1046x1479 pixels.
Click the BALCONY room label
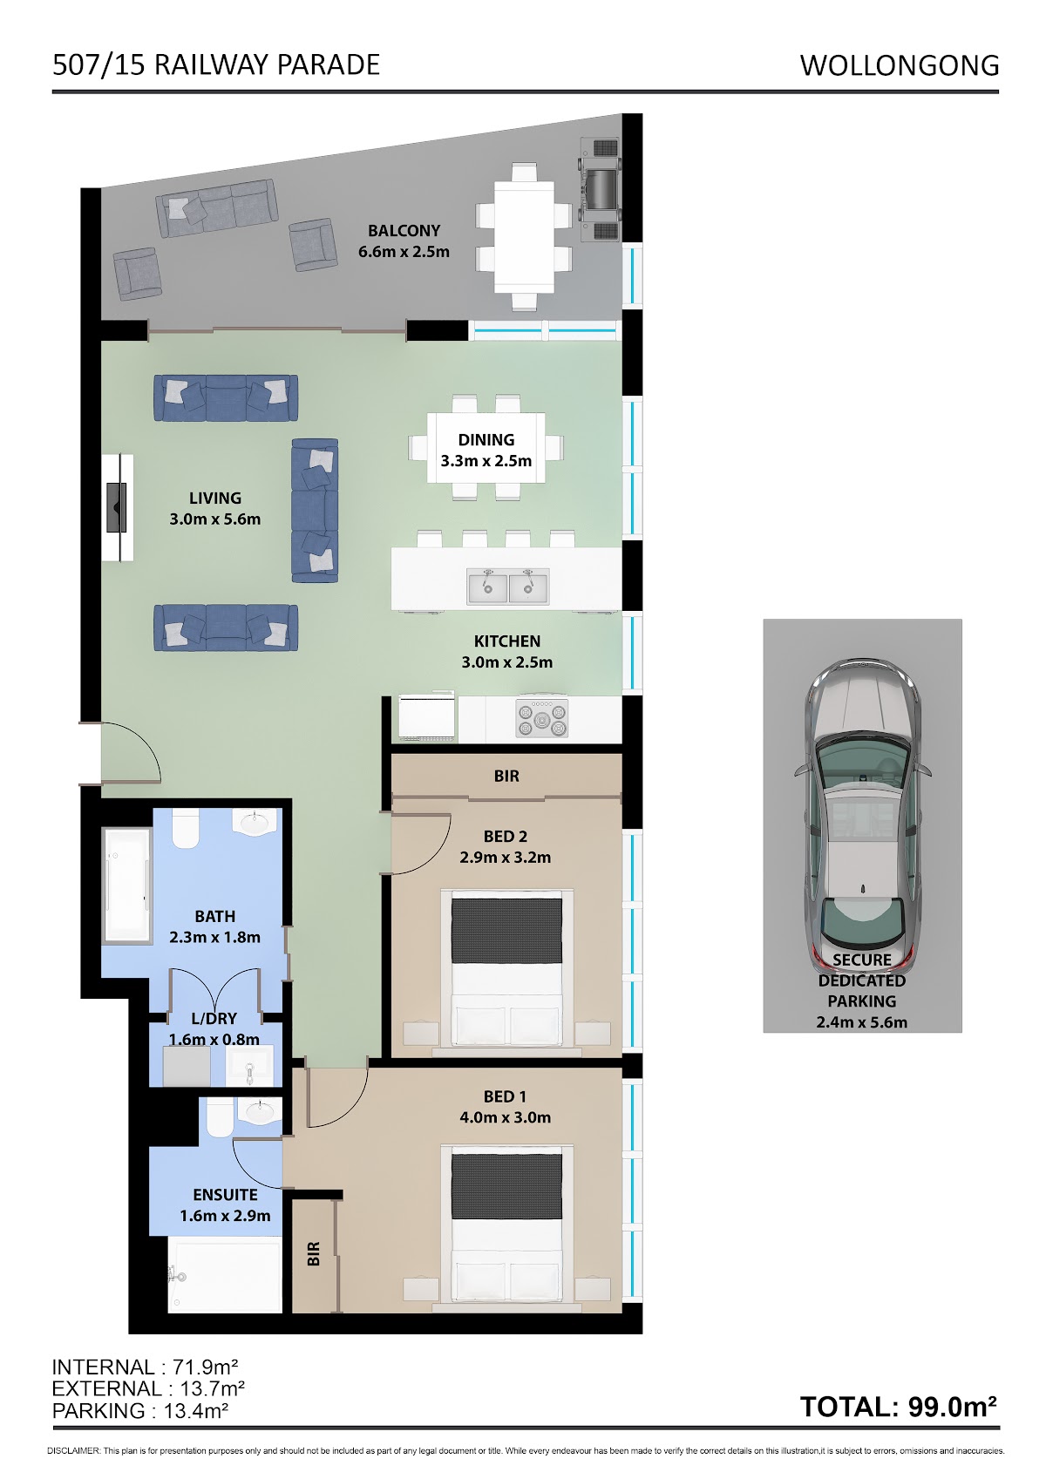pos(404,231)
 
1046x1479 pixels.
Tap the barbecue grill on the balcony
pos(600,189)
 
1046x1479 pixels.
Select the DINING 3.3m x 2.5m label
pos(486,451)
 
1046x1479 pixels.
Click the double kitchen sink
pos(508,586)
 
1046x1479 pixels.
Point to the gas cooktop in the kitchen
pos(541,720)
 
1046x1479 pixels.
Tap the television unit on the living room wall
pos(118,507)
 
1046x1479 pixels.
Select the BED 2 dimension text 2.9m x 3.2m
pos(506,857)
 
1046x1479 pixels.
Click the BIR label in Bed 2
pos(506,776)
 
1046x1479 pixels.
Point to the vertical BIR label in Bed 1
pos(314,1254)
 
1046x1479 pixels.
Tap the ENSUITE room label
pos(225,1194)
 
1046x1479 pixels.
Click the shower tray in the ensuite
pos(225,1275)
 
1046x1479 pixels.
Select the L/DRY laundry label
pos(214,1018)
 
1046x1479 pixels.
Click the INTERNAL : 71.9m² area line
pos(145,1367)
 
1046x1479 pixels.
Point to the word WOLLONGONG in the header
pos(900,65)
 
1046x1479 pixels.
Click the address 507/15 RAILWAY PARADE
pos(216,64)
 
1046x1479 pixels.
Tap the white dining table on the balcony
pos(525,236)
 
